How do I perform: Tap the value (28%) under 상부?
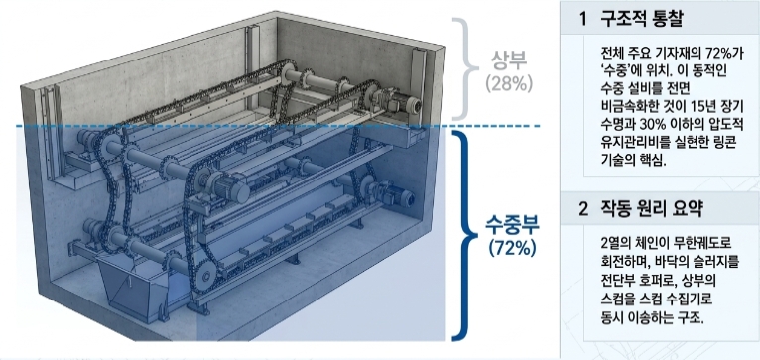click(509, 83)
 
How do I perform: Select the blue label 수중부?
click(512, 226)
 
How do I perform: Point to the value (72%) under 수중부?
click(512, 248)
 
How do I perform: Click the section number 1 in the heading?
click(583, 20)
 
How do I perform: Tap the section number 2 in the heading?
click(583, 209)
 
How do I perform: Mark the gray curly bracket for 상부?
click(463, 69)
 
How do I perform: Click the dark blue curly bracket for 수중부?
click(464, 235)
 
